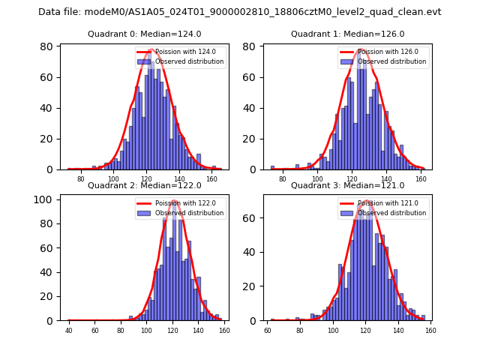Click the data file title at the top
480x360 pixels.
pyautogui.click(x=240, y=12)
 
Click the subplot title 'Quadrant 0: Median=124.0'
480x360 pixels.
pyautogui.click(x=145, y=34)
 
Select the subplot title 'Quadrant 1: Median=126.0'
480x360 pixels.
pyautogui.click(x=348, y=34)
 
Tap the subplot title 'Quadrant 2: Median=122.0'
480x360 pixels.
pyautogui.click(x=145, y=185)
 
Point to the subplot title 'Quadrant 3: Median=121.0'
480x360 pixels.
pyautogui.click(x=348, y=185)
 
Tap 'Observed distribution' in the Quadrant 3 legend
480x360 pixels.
pyautogui.click(x=392, y=213)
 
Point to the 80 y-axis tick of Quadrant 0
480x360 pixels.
pyautogui.click(x=46, y=46)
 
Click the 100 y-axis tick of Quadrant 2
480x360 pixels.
pyautogui.click(x=43, y=199)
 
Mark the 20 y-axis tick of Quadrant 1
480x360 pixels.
pyautogui.click(x=250, y=139)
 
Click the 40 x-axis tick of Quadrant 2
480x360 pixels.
pyautogui.click(x=69, y=330)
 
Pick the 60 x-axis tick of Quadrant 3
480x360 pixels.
pyautogui.click(x=268, y=330)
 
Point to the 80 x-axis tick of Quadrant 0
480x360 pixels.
pyautogui.click(x=81, y=178)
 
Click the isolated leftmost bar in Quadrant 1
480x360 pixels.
pyautogui.click(x=272, y=168)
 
